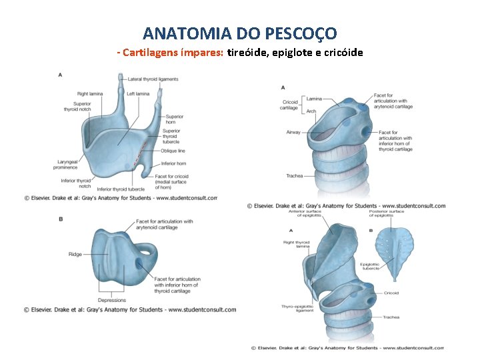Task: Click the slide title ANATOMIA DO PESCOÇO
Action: pyautogui.click(x=240, y=33)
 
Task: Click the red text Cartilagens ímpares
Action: pyautogui.click(x=173, y=53)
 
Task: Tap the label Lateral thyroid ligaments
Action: pyautogui.click(x=153, y=79)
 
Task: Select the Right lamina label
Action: pyautogui.click(x=90, y=94)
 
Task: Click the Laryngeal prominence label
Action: pyautogui.click(x=65, y=164)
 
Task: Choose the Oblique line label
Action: pyautogui.click(x=173, y=151)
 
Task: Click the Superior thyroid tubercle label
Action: pyautogui.click(x=171, y=136)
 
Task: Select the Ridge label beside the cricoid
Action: pyautogui.click(x=75, y=254)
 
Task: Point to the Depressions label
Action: pyautogui.click(x=111, y=301)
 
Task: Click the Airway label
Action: pyautogui.click(x=293, y=132)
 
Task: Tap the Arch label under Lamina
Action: pyautogui.click(x=311, y=111)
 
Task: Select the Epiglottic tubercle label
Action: pyautogui.click(x=370, y=267)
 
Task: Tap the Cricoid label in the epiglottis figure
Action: pyautogui.click(x=391, y=293)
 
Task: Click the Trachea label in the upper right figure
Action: pyautogui.click(x=294, y=176)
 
